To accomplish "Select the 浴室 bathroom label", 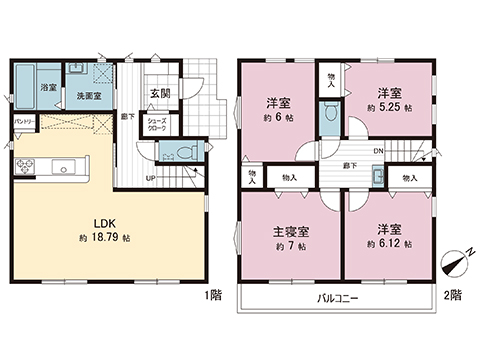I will coord(47,88).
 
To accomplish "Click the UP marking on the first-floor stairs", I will coord(150,178).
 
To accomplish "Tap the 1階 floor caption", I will coord(213,295).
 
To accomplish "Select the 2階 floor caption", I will coord(452,295).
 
